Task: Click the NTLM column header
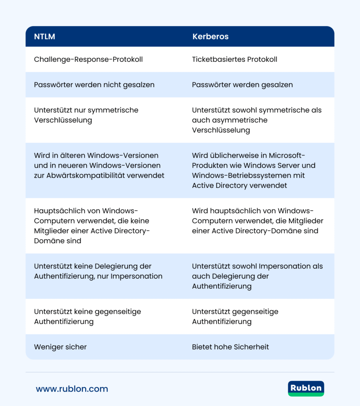click(x=44, y=37)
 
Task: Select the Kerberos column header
click(x=210, y=37)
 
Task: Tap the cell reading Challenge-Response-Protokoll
click(x=88, y=59)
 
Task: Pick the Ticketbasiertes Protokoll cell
click(x=234, y=59)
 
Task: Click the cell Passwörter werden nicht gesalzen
click(x=94, y=85)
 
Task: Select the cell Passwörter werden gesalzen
click(x=242, y=85)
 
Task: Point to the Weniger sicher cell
click(x=60, y=347)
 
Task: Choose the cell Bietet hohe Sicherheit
click(x=230, y=347)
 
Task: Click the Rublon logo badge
click(x=306, y=389)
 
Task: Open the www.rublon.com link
click(x=72, y=389)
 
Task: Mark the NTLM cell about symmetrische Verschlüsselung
click(x=86, y=115)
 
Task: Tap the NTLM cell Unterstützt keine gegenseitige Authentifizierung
click(x=87, y=316)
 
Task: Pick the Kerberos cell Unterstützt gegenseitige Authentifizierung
click(x=235, y=316)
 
